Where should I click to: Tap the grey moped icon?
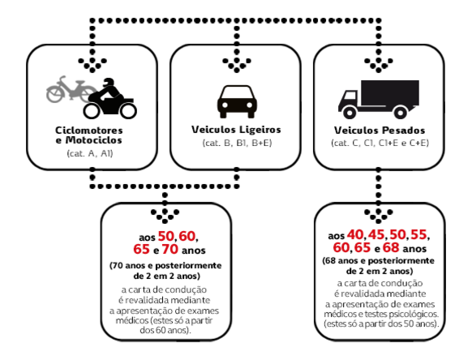pos(68,89)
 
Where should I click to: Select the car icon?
pos(237,101)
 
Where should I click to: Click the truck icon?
pos(379,99)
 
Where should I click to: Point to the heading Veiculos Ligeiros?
pos(236,130)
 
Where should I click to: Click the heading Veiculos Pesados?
pos(380,131)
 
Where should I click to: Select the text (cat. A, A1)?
pos(90,153)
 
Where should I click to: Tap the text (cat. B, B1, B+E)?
pos(237,143)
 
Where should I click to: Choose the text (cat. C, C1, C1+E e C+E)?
pos(380,143)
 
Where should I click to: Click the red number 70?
pos(170,249)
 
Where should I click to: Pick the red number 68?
pos(391,248)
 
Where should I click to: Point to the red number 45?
pos(376,234)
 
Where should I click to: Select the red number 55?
pos(418,234)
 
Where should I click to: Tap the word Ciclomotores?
pos(88,131)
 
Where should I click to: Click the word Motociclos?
pos(93,140)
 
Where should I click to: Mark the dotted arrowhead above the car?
pos(237,64)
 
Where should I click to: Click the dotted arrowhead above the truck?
pos(379,64)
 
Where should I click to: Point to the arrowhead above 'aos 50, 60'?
pos(165,216)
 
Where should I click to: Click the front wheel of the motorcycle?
pos(128,111)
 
